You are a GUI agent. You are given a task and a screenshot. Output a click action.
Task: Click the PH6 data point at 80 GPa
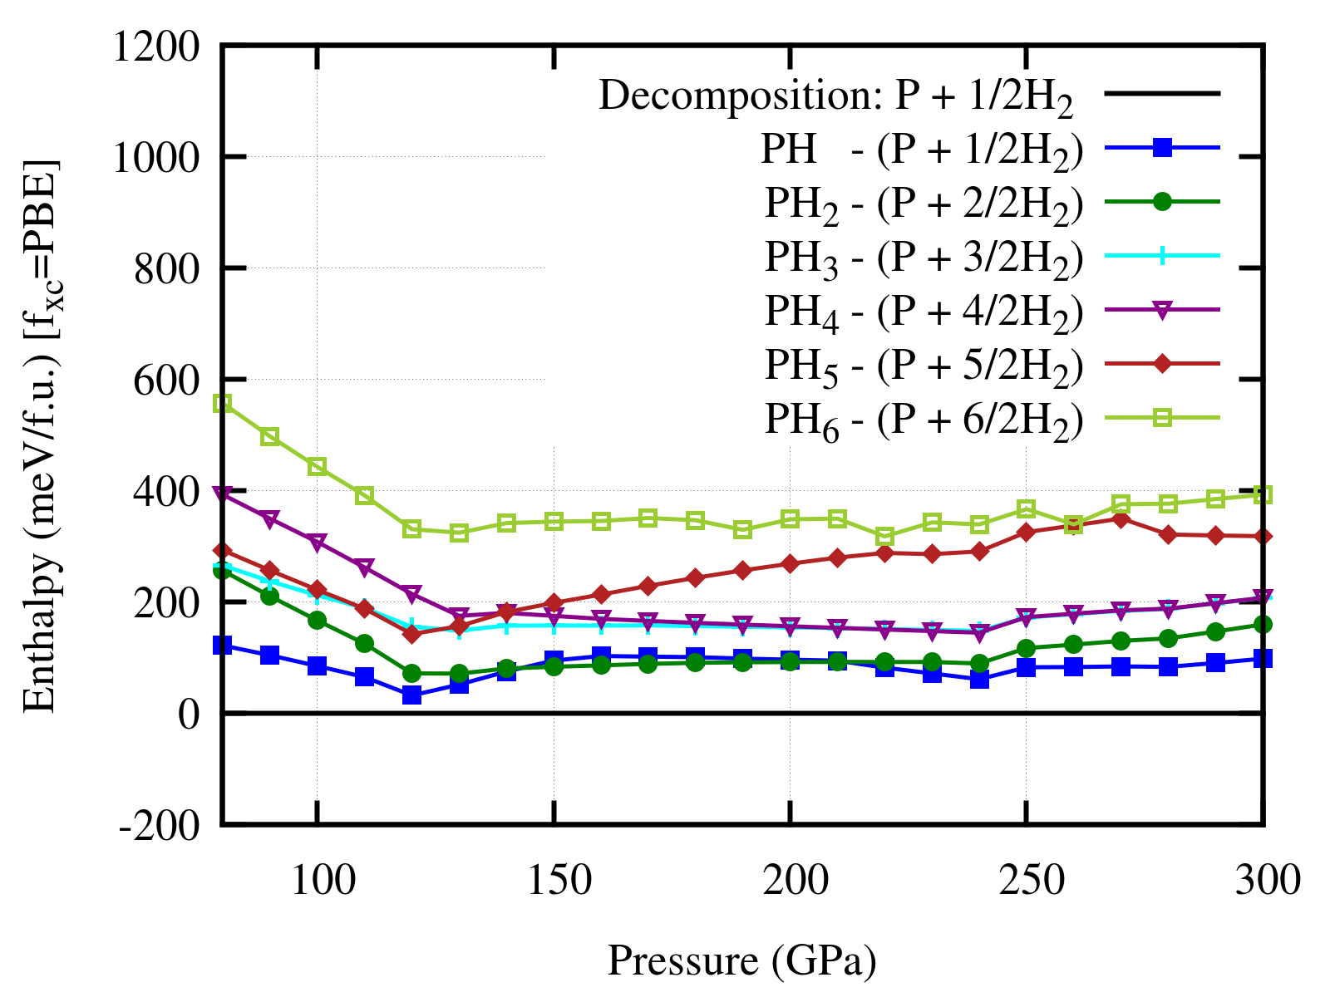pyautogui.click(x=222, y=403)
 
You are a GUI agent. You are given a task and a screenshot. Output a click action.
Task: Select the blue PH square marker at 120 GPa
pyautogui.click(x=411, y=695)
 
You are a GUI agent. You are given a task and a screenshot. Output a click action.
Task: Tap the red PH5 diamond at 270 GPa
pyautogui.click(x=1121, y=519)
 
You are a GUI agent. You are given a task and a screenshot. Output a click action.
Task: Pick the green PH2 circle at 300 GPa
pyautogui.click(x=1263, y=625)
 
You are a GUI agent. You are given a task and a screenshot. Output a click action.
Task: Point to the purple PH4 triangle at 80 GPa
pyautogui.click(x=222, y=494)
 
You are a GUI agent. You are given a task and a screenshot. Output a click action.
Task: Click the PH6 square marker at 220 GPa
pyautogui.click(x=884, y=536)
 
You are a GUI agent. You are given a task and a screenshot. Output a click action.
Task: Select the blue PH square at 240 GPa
pyautogui.click(x=979, y=680)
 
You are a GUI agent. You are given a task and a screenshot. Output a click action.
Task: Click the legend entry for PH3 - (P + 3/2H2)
pyautogui.click(x=924, y=257)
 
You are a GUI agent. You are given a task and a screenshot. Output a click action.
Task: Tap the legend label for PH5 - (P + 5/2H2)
pyautogui.click(x=924, y=365)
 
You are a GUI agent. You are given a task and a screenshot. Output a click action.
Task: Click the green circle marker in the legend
pyautogui.click(x=1162, y=202)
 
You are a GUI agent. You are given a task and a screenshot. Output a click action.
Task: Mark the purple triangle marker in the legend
pyautogui.click(x=1162, y=310)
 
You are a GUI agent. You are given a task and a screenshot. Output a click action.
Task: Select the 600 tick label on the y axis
pyautogui.click(x=166, y=380)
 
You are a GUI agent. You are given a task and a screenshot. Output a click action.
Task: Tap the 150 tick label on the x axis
pyautogui.click(x=553, y=879)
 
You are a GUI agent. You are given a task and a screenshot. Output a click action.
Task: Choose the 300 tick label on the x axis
pyautogui.click(x=1263, y=879)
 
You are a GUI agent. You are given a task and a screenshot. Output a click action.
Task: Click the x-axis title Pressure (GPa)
pyautogui.click(x=741, y=960)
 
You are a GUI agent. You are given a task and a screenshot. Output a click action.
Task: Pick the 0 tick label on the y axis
pyautogui.click(x=189, y=714)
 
